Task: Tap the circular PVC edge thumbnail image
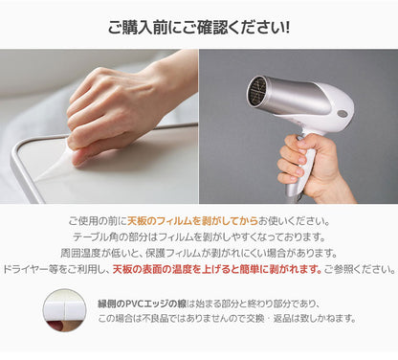(64, 312)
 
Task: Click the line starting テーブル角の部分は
(199, 236)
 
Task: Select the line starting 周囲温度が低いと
(199, 252)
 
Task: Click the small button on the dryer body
(342, 113)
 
